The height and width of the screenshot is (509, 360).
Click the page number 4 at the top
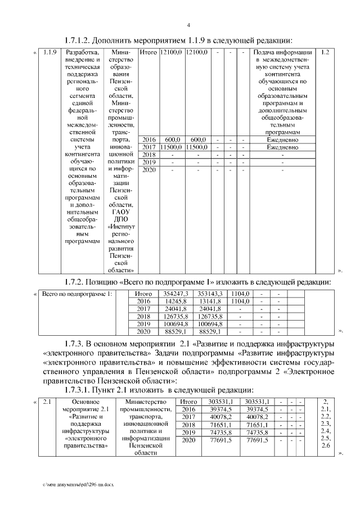point(188,25)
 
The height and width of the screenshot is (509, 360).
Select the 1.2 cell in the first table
point(325,52)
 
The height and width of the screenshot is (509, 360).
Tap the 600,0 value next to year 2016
point(172,139)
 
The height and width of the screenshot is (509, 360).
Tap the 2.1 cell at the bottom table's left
point(47,402)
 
